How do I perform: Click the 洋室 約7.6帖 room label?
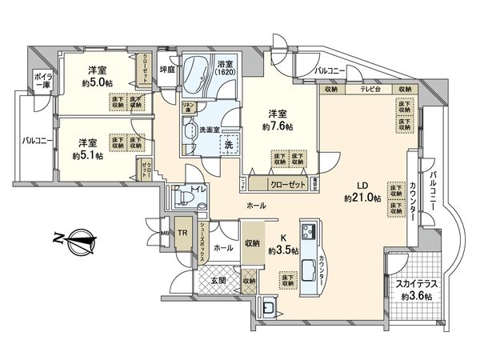click(x=278, y=120)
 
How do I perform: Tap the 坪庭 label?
click(x=167, y=69)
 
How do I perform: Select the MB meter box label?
click(x=165, y=234)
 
